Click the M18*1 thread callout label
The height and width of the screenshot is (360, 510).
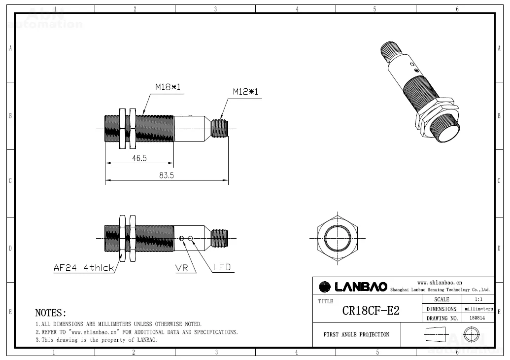168,87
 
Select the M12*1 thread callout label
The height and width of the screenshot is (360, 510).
245,92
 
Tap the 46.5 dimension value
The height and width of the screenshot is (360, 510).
139,158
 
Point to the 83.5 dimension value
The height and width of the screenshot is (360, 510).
167,176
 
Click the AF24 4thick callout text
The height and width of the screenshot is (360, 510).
84,268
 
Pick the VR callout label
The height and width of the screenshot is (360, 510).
181,268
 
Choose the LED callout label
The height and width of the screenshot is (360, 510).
222,267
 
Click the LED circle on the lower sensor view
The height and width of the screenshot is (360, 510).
190,238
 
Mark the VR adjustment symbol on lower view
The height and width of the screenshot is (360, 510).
181,238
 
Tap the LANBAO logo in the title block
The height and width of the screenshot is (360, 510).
353,287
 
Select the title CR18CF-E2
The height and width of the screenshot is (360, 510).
371,311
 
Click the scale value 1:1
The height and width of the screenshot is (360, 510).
478,299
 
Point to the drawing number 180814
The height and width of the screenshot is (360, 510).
477,318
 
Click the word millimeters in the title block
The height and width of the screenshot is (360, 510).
479,309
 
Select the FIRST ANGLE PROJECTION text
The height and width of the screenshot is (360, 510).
356,335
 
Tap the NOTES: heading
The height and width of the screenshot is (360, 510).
51,313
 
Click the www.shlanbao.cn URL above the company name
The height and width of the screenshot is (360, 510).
440,283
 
